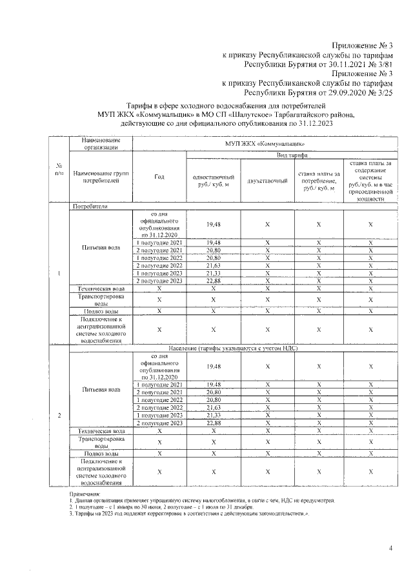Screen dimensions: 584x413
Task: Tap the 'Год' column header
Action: pos(159,177)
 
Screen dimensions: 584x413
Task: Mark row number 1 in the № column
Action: pos(59,273)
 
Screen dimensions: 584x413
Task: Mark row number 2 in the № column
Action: pos(59,414)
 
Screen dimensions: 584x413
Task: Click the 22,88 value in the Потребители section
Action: pos(213,281)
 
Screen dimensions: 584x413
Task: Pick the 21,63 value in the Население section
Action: pos(213,407)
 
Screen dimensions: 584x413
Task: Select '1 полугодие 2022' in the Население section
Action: pos(159,399)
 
